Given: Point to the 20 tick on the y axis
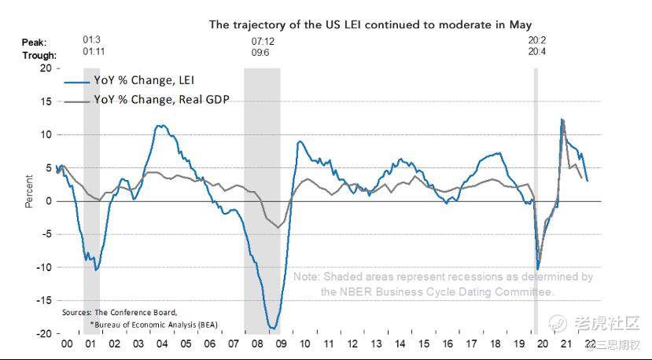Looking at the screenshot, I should click(x=44, y=68).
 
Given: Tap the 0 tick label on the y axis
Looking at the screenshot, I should click(x=47, y=201).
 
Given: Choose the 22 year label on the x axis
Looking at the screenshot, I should click(x=588, y=344).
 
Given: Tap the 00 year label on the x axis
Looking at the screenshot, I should click(x=67, y=344).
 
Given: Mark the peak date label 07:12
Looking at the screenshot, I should click(x=262, y=40).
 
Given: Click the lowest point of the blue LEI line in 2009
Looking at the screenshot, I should click(x=272, y=328).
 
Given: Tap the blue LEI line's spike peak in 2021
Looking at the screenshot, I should click(x=562, y=119).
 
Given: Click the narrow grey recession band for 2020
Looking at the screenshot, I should click(x=536, y=197).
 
